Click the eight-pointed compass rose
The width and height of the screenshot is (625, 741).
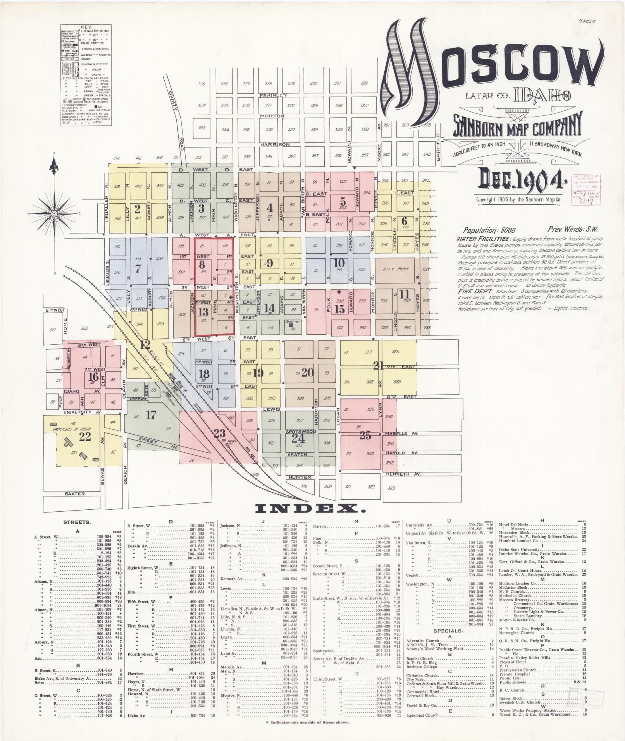pyautogui.click(x=54, y=213)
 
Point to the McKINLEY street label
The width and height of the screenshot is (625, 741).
pyautogui.click(x=274, y=95)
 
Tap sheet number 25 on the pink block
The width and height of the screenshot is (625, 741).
pyautogui.click(x=365, y=435)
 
